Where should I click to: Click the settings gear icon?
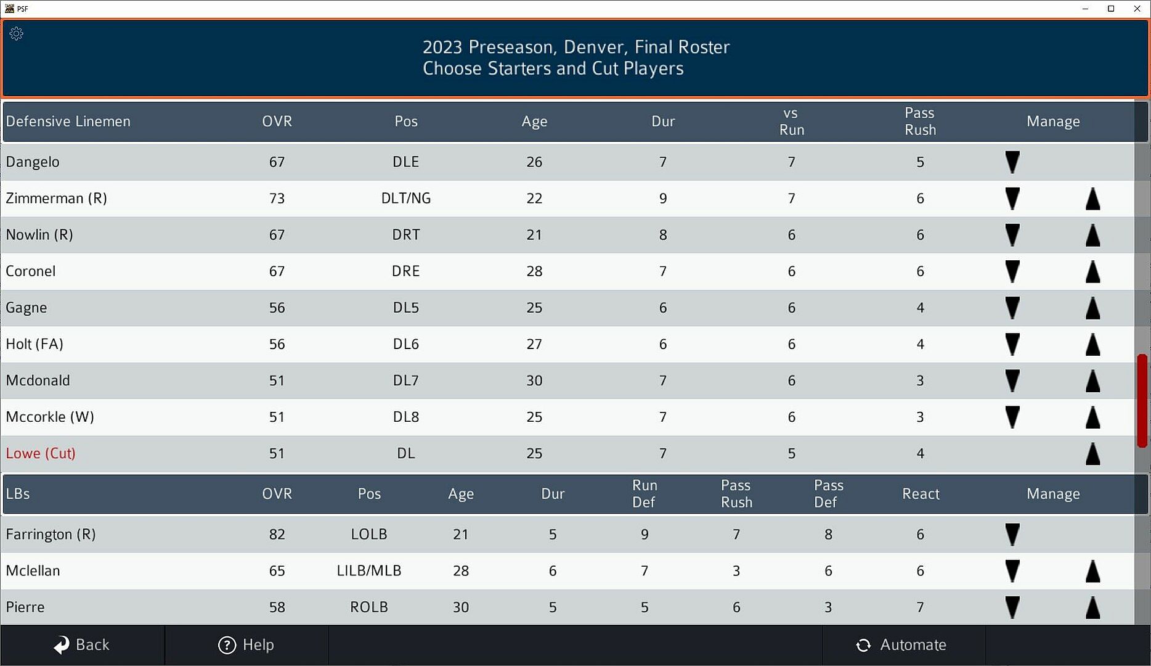(17, 34)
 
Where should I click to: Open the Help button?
(246, 645)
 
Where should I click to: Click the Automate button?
(901, 645)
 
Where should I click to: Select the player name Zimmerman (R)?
(57, 199)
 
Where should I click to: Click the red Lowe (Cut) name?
(41, 454)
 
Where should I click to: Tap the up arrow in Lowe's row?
(1092, 454)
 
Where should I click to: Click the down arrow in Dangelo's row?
(1012, 162)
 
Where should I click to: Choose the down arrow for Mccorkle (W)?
(1012, 417)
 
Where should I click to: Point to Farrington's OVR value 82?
(277, 535)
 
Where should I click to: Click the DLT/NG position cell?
(405, 199)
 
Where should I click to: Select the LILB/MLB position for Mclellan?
(368, 571)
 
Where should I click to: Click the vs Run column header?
(791, 121)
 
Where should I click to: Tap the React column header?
(921, 494)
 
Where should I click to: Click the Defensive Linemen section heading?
(68, 121)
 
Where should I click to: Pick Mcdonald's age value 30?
(534, 381)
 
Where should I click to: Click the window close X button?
(1137, 9)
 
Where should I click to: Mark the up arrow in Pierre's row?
(1092, 607)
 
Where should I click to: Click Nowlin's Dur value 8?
(663, 235)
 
